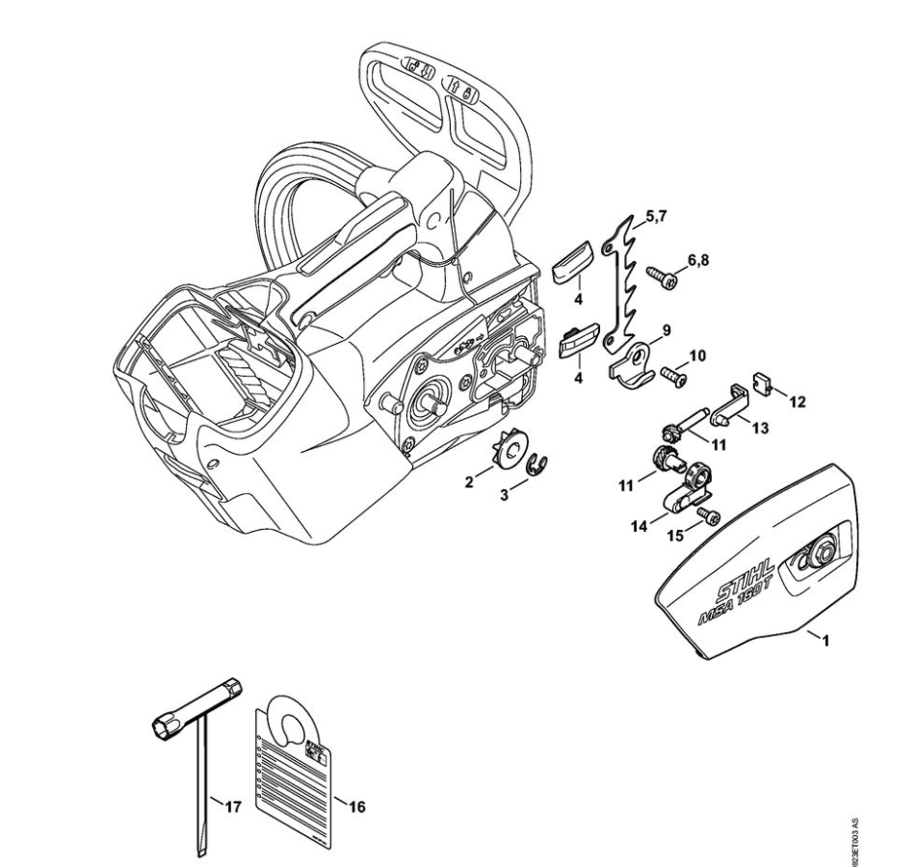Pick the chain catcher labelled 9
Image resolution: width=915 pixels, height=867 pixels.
coord(630,362)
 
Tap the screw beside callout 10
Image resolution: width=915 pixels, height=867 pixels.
coord(675,378)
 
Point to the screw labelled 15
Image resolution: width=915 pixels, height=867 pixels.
coord(708,518)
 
